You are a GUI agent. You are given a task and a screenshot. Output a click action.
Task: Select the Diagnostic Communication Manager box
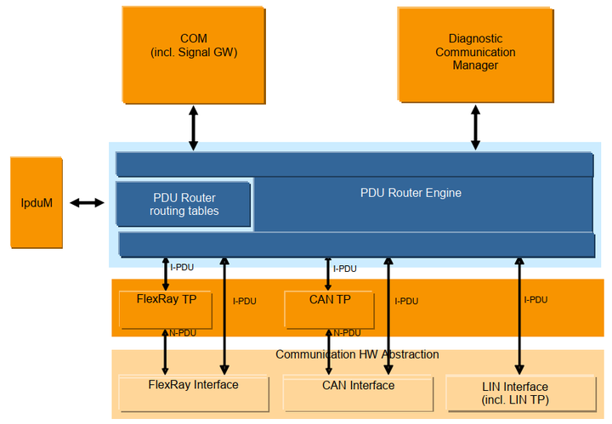point(475,53)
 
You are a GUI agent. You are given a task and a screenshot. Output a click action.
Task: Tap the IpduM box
point(36,202)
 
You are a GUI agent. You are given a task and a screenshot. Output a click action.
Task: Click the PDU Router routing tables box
point(184,204)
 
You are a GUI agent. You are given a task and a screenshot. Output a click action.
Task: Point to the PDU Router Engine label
point(411,193)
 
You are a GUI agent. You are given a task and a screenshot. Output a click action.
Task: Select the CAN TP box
point(329,308)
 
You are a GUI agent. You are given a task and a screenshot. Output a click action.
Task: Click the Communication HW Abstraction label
point(357,354)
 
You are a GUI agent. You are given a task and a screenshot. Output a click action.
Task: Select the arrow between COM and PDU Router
point(194,127)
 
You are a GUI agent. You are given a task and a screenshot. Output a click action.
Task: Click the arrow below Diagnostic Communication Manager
point(475,127)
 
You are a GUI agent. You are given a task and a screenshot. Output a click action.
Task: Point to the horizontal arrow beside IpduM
point(87,202)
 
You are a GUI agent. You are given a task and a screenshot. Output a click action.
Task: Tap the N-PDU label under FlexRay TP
point(184,333)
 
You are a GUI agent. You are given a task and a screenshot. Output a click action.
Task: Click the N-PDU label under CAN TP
point(347,333)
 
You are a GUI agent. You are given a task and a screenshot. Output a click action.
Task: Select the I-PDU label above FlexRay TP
point(182,268)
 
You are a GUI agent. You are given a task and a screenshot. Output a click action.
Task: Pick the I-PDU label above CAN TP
point(345,269)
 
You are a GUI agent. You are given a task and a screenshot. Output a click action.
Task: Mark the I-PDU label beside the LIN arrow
point(535,300)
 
